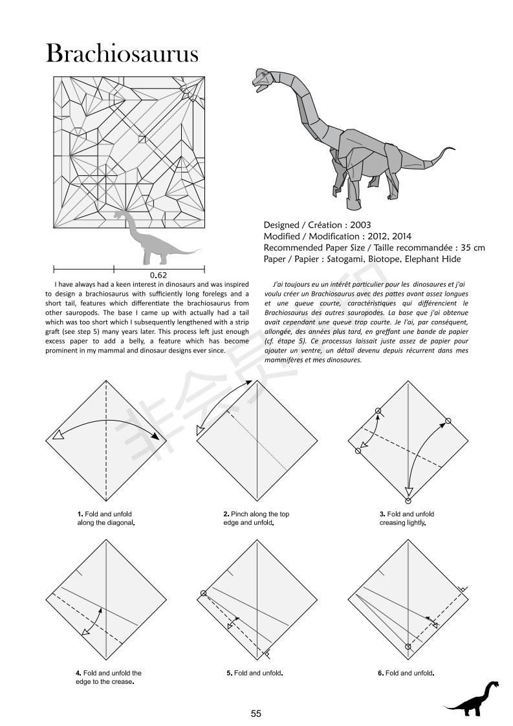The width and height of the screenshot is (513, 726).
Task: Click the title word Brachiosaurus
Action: pos(122,53)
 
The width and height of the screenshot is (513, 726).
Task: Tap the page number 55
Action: pos(256,714)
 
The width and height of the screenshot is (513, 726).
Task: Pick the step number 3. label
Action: pos(382,514)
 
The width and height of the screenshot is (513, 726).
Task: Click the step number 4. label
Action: pos(79,673)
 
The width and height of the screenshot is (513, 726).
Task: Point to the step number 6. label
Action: pos(381,673)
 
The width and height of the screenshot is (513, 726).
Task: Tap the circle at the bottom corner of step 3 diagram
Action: pos(408,500)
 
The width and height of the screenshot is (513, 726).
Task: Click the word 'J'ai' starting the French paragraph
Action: pos(280,283)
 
